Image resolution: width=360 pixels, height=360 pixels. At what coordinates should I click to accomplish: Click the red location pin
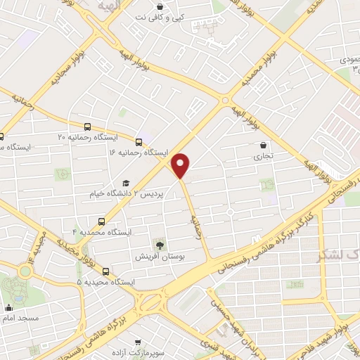(x=181, y=165)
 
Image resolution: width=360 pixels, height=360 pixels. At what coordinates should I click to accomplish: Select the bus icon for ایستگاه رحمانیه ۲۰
(x=86, y=127)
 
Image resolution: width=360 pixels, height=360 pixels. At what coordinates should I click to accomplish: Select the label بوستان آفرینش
(x=160, y=257)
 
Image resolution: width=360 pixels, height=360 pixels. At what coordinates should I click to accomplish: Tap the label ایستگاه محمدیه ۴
(x=102, y=231)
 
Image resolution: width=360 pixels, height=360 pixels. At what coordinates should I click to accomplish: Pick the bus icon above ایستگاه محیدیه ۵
(x=105, y=272)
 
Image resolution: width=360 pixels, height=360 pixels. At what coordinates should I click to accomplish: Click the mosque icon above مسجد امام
(x=8, y=307)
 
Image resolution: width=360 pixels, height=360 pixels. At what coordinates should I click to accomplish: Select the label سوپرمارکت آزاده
(x=160, y=349)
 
